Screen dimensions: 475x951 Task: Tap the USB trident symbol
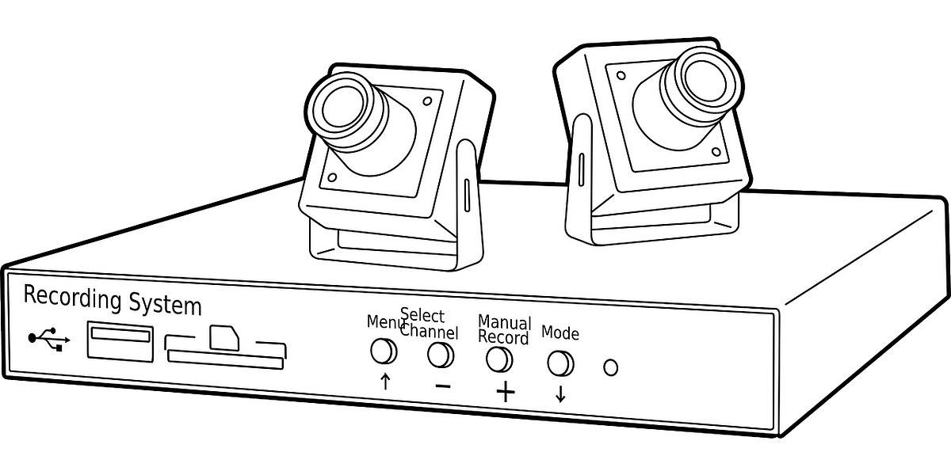[x=49, y=339]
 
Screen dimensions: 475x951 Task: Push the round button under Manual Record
[x=499, y=359]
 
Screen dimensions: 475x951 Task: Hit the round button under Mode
[x=560, y=363]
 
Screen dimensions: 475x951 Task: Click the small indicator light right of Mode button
[x=611, y=367]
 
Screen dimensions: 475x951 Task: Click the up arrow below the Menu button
[x=385, y=382]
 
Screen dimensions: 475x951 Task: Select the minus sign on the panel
[x=443, y=386]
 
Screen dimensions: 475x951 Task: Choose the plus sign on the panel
[x=505, y=391]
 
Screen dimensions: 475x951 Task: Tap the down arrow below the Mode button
[x=560, y=393]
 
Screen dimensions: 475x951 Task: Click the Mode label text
[x=560, y=334]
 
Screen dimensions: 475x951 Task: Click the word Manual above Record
[x=504, y=323]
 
